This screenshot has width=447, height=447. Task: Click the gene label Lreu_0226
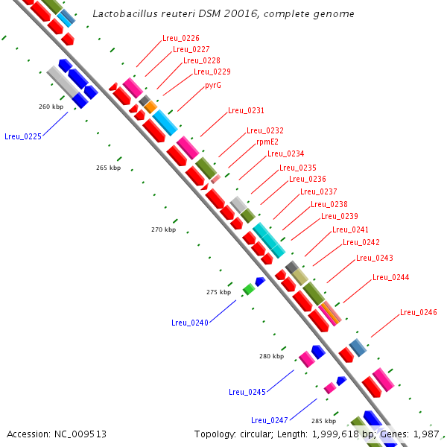tap(180, 38)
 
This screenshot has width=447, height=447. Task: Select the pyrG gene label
tap(213, 85)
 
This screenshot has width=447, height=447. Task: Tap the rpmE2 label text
tap(267, 142)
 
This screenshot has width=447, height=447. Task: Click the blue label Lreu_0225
tap(22, 136)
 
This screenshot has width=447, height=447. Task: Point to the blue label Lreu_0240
tap(189, 323)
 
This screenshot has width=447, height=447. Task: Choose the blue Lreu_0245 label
tap(247, 392)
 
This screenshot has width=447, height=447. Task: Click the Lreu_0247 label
tap(269, 420)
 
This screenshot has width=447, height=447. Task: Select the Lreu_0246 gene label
tap(418, 312)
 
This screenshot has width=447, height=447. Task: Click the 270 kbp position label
tap(163, 229)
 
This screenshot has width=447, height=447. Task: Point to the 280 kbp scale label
tap(271, 356)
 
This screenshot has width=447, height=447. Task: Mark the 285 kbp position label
tap(323, 421)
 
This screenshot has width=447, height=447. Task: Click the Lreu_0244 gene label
tap(390, 277)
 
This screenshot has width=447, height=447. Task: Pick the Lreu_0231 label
tap(246, 110)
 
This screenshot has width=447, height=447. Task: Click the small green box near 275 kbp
tap(248, 289)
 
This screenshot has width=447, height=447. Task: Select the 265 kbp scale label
tap(108, 168)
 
